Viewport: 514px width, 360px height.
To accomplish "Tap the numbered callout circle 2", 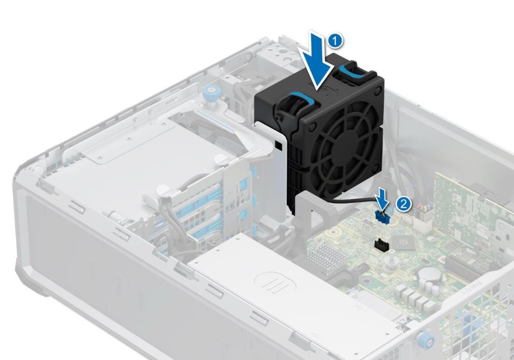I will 403,204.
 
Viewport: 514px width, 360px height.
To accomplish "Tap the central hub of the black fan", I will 342,138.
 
